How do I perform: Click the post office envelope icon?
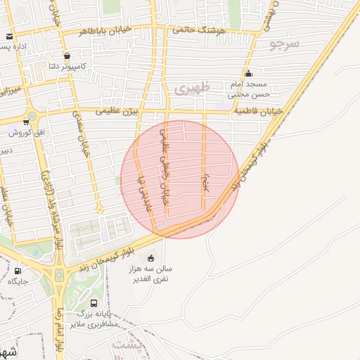coord(9,37)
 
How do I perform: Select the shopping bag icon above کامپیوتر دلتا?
coord(67,56)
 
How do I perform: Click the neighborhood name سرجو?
coord(284,44)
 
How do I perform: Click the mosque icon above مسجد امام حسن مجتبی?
coord(248,74)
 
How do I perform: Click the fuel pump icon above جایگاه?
coord(18,271)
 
